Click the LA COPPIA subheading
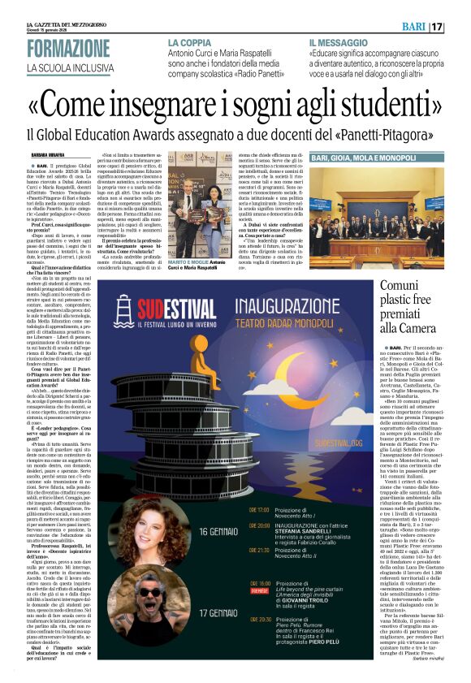click(x=190, y=41)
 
